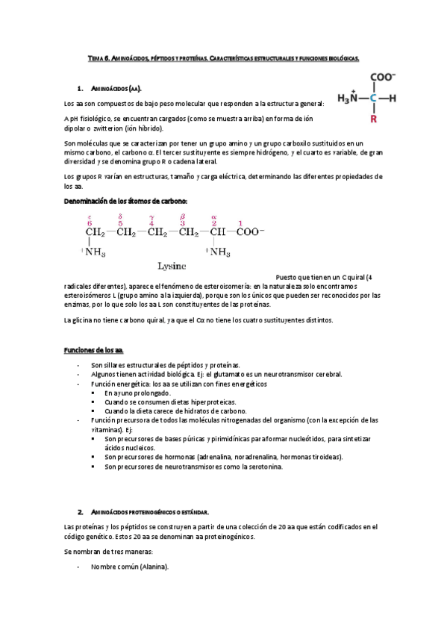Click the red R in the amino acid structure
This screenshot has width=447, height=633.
[x=373, y=118]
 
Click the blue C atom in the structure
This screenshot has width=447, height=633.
[x=373, y=97]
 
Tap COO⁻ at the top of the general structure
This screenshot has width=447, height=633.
[x=382, y=77]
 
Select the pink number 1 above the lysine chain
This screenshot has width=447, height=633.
[x=240, y=222]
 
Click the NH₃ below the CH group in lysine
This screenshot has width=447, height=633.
[x=220, y=252]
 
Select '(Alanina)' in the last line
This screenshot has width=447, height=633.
[x=154, y=567]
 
